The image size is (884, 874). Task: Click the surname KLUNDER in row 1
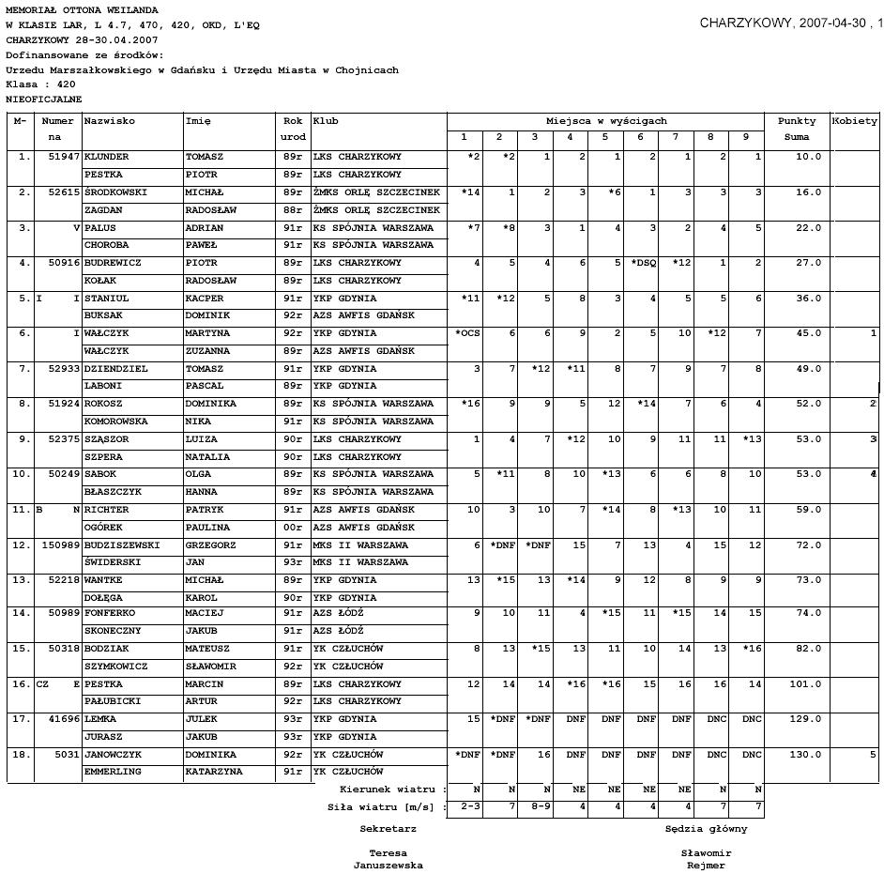pyautogui.click(x=106, y=157)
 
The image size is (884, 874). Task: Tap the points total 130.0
pyautogui.click(x=806, y=755)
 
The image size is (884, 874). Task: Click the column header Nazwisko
pyautogui.click(x=110, y=121)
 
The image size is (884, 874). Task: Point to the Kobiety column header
pyautogui.click(x=855, y=121)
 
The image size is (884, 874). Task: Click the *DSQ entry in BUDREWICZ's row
pyautogui.click(x=643, y=263)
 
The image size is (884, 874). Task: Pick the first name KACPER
pyautogui.click(x=205, y=299)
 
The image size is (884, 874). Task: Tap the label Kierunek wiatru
pyautogui.click(x=393, y=790)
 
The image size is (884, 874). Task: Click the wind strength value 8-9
pyautogui.click(x=535, y=807)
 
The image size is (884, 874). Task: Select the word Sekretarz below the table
pyautogui.click(x=388, y=830)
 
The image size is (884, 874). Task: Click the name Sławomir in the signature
pyautogui.click(x=706, y=853)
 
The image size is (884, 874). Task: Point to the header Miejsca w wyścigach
pyautogui.click(x=606, y=121)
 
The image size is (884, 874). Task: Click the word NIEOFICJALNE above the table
pyautogui.click(x=44, y=99)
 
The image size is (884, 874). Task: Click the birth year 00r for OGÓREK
pyautogui.click(x=293, y=528)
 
